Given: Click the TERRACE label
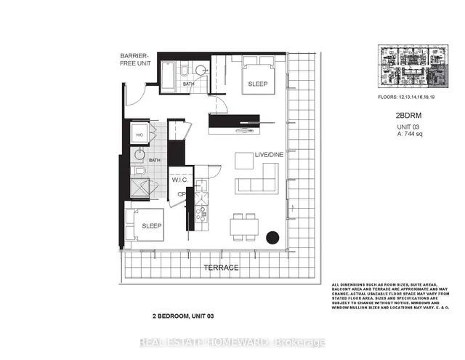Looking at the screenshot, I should [x=221, y=268].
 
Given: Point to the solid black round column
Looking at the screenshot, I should [x=273, y=236].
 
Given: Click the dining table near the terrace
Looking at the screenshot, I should [x=243, y=225].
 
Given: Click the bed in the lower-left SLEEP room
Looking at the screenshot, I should [x=150, y=226].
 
